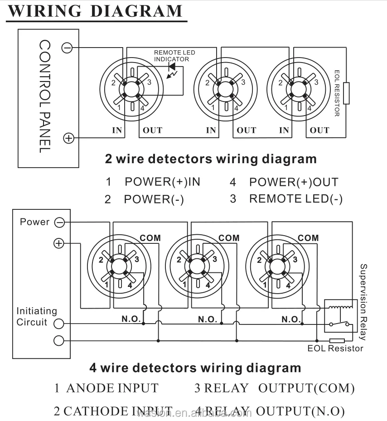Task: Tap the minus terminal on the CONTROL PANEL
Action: [x=67, y=47]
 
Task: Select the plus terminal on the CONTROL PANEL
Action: [x=68, y=138]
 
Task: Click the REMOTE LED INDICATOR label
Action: [x=174, y=56]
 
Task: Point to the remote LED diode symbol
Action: [x=172, y=67]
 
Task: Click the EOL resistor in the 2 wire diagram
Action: [x=346, y=93]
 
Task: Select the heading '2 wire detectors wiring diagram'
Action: [x=211, y=159]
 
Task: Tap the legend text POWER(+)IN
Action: [x=162, y=182]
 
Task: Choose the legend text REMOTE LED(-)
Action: [x=296, y=199]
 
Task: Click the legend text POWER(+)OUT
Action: [x=293, y=182]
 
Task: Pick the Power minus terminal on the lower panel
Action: [x=59, y=222]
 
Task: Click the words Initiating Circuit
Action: [x=36, y=317]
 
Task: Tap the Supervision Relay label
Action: [x=363, y=302]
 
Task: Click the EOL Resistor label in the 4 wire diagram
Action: [x=335, y=348]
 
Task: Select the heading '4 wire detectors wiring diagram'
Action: [x=195, y=368]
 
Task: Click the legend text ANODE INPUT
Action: [x=112, y=388]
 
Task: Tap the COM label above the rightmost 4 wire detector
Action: [x=308, y=238]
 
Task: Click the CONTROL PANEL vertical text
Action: [x=44, y=96]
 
